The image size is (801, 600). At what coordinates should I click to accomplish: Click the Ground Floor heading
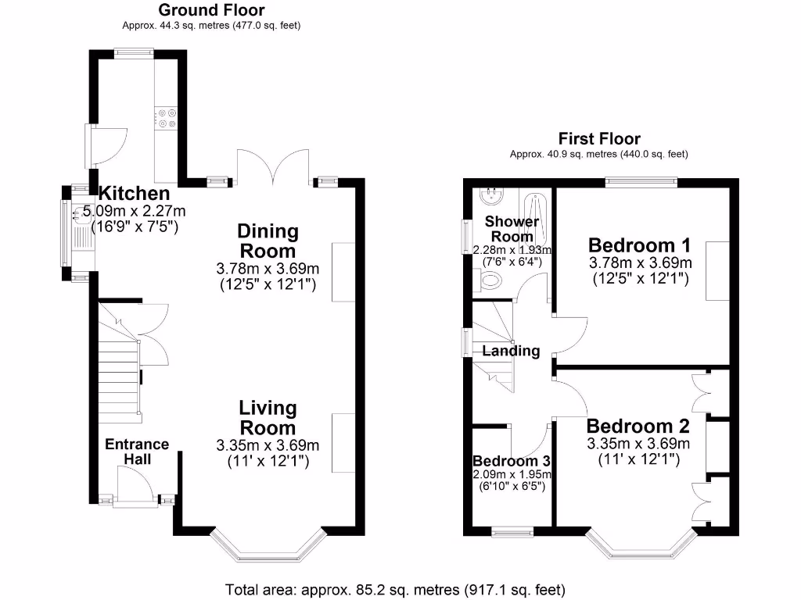click(x=211, y=10)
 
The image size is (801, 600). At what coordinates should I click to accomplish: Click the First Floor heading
click(x=598, y=139)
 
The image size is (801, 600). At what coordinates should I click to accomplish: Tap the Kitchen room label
click(x=134, y=194)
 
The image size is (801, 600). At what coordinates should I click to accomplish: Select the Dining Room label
click(x=268, y=241)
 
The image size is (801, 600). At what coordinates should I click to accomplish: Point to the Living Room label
click(x=268, y=418)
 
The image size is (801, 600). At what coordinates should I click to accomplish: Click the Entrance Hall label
click(x=137, y=452)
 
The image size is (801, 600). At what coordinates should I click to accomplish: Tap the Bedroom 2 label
click(x=638, y=427)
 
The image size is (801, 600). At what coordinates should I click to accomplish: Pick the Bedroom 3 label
click(x=512, y=460)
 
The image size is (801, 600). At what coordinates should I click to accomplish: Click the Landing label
click(x=511, y=351)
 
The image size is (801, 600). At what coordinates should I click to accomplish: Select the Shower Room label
click(x=512, y=229)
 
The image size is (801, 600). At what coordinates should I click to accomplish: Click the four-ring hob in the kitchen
click(x=167, y=116)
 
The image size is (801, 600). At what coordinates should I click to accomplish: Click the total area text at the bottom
click(x=395, y=589)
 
